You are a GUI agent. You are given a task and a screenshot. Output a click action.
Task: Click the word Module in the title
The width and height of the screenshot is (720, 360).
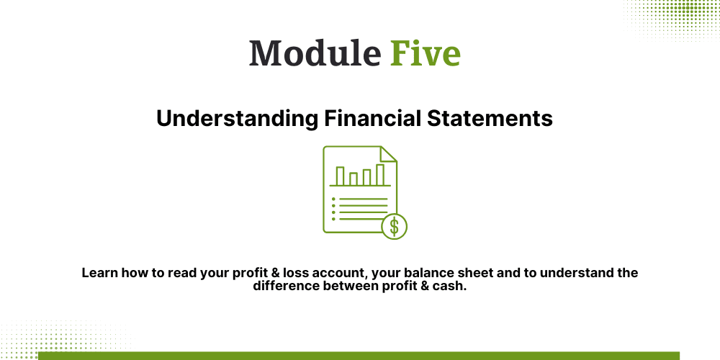(314, 53)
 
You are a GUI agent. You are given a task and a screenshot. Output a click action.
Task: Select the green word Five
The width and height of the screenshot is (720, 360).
(426, 53)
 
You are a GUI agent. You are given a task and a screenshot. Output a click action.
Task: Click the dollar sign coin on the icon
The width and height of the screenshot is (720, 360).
(394, 227)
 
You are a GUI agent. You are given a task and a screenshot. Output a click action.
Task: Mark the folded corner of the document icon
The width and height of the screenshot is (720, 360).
(389, 154)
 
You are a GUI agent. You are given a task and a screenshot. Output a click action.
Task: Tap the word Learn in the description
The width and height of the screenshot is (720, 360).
(99, 274)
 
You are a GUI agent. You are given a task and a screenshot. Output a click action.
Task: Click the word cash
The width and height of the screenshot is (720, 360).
(451, 286)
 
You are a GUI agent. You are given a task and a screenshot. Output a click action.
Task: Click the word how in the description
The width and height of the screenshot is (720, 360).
(137, 274)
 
